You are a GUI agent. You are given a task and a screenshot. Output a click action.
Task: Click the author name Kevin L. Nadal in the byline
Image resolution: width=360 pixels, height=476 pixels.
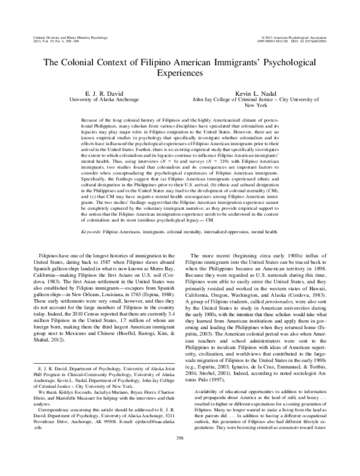[x=254, y=95]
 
